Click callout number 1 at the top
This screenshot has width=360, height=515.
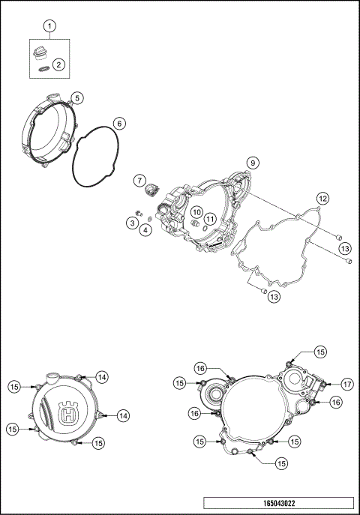click(x=50, y=27)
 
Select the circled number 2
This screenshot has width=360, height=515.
click(x=58, y=65)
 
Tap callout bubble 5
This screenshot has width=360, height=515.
click(x=78, y=97)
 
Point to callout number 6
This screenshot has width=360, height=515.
click(x=118, y=122)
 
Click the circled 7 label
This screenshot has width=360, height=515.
click(x=139, y=180)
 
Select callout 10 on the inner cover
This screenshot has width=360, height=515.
click(x=195, y=212)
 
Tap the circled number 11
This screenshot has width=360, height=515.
click(x=211, y=219)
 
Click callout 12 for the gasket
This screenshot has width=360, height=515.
click(x=322, y=199)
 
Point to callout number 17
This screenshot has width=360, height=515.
click(x=347, y=384)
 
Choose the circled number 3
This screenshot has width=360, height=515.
click(x=131, y=223)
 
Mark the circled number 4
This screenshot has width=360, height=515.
click(x=145, y=229)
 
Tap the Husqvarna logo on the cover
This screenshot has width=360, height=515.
click(x=71, y=412)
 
